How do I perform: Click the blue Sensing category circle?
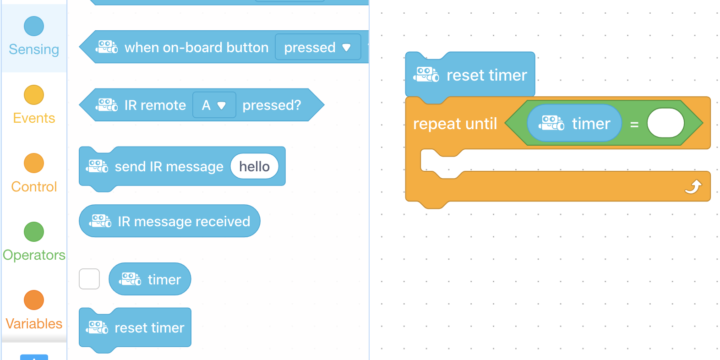click(34, 26)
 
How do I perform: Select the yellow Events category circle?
click(34, 95)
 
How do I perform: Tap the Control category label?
click(34, 187)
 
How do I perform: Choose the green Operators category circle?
click(34, 232)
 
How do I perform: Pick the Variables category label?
click(34, 324)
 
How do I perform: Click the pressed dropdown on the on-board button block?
click(318, 47)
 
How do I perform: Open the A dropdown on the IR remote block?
click(214, 105)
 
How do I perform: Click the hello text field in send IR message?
click(255, 167)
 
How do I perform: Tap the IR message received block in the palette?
click(170, 221)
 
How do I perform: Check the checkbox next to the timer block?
click(89, 279)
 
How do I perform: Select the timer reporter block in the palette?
click(150, 279)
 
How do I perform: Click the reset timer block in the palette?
click(135, 328)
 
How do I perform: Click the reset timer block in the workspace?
click(470, 75)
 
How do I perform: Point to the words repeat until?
click(455, 124)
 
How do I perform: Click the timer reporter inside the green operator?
click(575, 123)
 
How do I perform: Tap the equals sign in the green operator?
click(634, 124)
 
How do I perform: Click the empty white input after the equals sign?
click(665, 123)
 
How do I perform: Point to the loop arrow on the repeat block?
click(693, 187)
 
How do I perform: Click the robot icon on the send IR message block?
click(97, 167)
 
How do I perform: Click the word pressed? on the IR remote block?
click(272, 105)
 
